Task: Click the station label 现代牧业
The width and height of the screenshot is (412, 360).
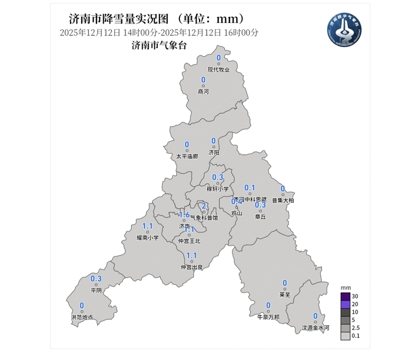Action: pyautogui.click(x=218, y=70)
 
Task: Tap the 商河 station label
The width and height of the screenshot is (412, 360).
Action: pyautogui.click(x=203, y=92)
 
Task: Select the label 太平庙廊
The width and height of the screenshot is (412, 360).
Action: pyautogui.click(x=187, y=156)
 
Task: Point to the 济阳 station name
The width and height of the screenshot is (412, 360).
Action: pyautogui.click(x=213, y=153)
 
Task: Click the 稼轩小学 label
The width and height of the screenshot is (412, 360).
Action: pyautogui.click(x=217, y=189)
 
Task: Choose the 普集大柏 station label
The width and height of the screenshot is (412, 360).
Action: pyautogui.click(x=283, y=201)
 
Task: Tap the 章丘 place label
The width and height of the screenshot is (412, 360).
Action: pyautogui.click(x=260, y=217)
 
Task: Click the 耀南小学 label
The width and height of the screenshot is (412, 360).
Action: pyautogui.click(x=148, y=238)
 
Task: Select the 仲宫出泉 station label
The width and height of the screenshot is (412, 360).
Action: pyautogui.click(x=191, y=268)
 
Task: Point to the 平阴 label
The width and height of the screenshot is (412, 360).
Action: pyautogui.click(x=96, y=291)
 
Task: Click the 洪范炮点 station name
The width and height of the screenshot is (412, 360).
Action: pyautogui.click(x=81, y=318)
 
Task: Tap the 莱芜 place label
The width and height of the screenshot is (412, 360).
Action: pyautogui.click(x=284, y=295)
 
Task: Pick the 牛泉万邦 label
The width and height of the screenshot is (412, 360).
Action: pyautogui.click(x=268, y=317)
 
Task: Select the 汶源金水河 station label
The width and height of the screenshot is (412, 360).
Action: pyautogui.click(x=315, y=328)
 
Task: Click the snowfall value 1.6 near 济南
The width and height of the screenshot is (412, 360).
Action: pyautogui.click(x=184, y=215)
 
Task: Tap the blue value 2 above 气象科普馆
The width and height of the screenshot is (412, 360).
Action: pyautogui.click(x=204, y=206)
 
